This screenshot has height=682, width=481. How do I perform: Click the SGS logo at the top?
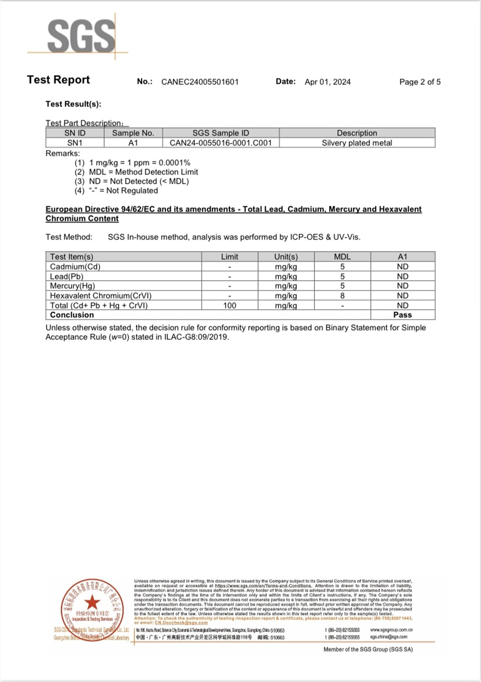81,36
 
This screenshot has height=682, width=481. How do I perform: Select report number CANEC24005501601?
200,82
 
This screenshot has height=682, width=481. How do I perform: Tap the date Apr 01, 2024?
327,82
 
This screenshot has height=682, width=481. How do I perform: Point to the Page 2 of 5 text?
420,82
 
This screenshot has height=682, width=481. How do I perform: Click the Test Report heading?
58,80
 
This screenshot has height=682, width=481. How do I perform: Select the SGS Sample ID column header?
220,133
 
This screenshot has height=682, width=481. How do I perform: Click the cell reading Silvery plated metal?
357,143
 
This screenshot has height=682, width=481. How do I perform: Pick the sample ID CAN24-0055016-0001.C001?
220,143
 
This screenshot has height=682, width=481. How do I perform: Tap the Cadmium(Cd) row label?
75,267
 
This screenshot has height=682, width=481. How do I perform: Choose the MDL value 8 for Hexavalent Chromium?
342,296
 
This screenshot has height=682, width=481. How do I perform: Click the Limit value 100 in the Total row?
229,305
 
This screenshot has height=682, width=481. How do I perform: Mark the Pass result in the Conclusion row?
403,315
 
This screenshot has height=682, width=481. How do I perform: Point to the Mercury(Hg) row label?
72,286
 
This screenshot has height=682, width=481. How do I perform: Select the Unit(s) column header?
286,257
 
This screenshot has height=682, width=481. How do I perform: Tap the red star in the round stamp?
92,602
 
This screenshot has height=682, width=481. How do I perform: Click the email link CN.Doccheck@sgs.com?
181,623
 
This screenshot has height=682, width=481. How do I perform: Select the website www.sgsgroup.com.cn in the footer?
391,630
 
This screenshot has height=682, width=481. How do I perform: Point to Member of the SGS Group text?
368,649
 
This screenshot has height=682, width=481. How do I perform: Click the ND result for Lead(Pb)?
403,276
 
